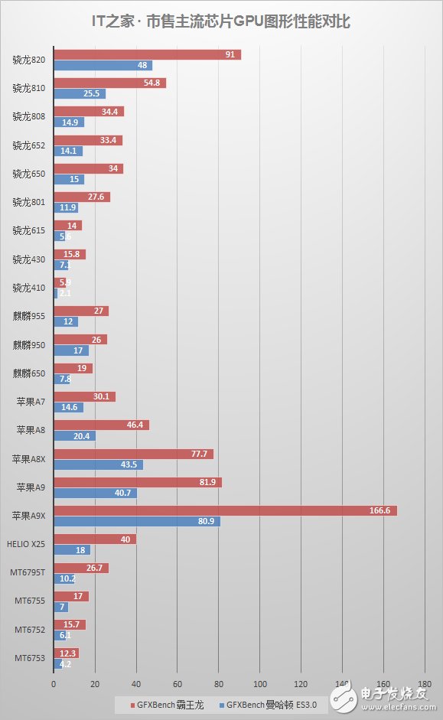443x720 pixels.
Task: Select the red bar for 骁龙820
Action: pos(147,54)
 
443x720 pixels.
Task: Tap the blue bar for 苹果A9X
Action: pos(136,521)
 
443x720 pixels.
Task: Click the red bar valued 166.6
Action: pos(225,510)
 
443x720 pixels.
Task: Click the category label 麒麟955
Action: pos(29,316)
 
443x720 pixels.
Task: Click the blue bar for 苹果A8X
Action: pos(98,464)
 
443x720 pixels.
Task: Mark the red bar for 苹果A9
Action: pos(138,482)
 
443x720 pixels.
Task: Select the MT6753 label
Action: pos(29,657)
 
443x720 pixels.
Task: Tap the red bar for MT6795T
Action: pos(80,568)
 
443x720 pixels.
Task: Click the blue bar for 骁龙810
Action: pos(80,94)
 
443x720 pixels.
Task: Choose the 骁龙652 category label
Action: pos(29,145)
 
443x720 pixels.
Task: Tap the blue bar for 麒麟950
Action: pos(71,350)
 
